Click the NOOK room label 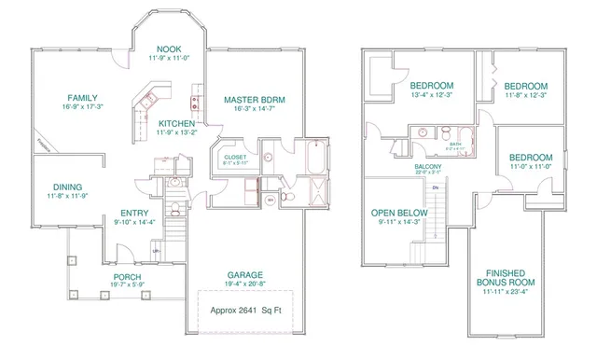point(169,49)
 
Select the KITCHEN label point(176,124)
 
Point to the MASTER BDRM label point(255,99)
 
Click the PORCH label point(127,277)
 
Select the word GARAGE point(243,275)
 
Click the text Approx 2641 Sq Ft point(244,311)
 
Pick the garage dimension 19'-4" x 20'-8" point(243,284)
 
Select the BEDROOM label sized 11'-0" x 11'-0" point(531,158)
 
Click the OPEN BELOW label point(398,212)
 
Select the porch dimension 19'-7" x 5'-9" point(127,286)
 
